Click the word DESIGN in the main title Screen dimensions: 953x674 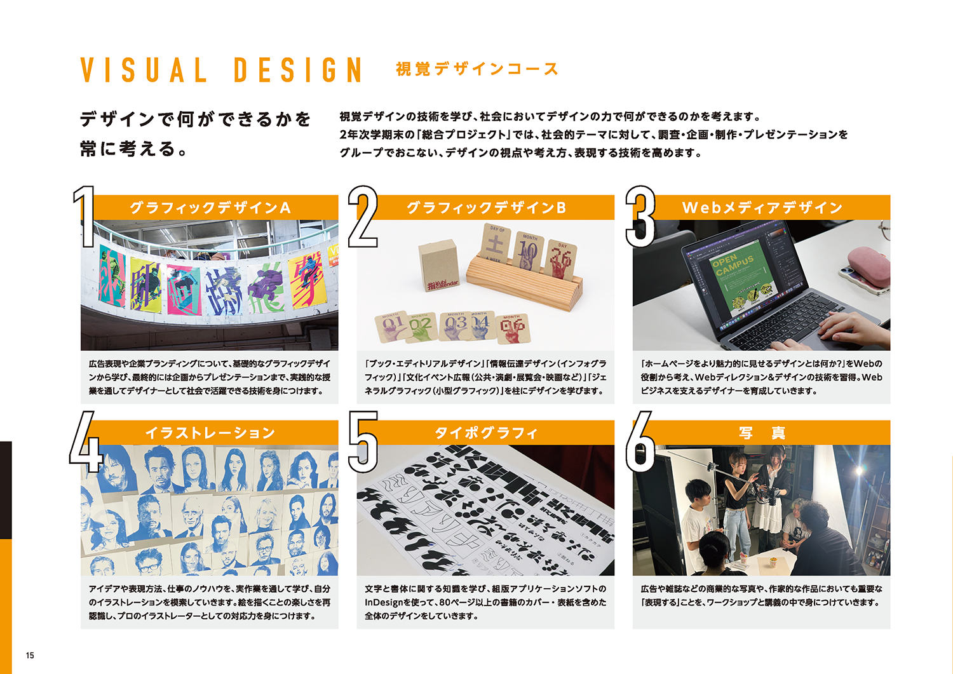tap(298, 70)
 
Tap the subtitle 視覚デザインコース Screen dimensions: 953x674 tap(477, 69)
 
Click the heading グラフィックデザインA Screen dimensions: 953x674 tap(210, 208)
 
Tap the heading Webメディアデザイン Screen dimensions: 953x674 tap(762, 208)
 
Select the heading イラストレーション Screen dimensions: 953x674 tap(210, 433)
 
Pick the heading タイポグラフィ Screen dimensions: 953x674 tap(486, 433)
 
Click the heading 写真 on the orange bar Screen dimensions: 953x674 tap(762, 433)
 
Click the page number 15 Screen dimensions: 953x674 tap(30, 656)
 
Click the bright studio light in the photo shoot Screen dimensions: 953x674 tap(858, 471)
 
